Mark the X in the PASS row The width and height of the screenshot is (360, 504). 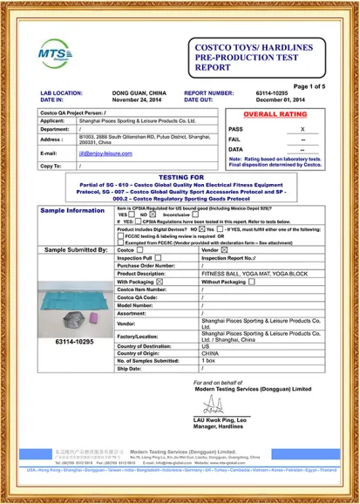(302, 128)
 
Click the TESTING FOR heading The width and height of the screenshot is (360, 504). (180, 176)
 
